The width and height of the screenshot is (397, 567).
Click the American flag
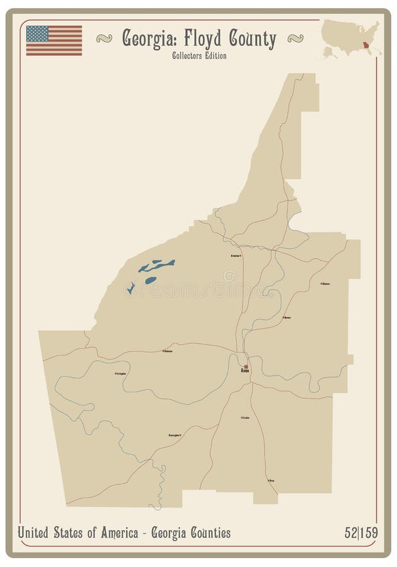54,40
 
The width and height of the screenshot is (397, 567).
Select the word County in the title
251,40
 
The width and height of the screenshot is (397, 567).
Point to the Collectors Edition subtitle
198,56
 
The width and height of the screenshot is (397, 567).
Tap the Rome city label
245,372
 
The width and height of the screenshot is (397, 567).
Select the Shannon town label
326,284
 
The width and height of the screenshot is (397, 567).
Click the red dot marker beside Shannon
321,283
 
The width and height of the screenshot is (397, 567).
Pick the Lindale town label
246,418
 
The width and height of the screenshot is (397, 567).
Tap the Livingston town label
122,374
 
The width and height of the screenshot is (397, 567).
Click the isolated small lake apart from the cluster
130,289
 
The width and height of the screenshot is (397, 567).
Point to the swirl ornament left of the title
104,39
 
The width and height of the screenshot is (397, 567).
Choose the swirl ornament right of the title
294,39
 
